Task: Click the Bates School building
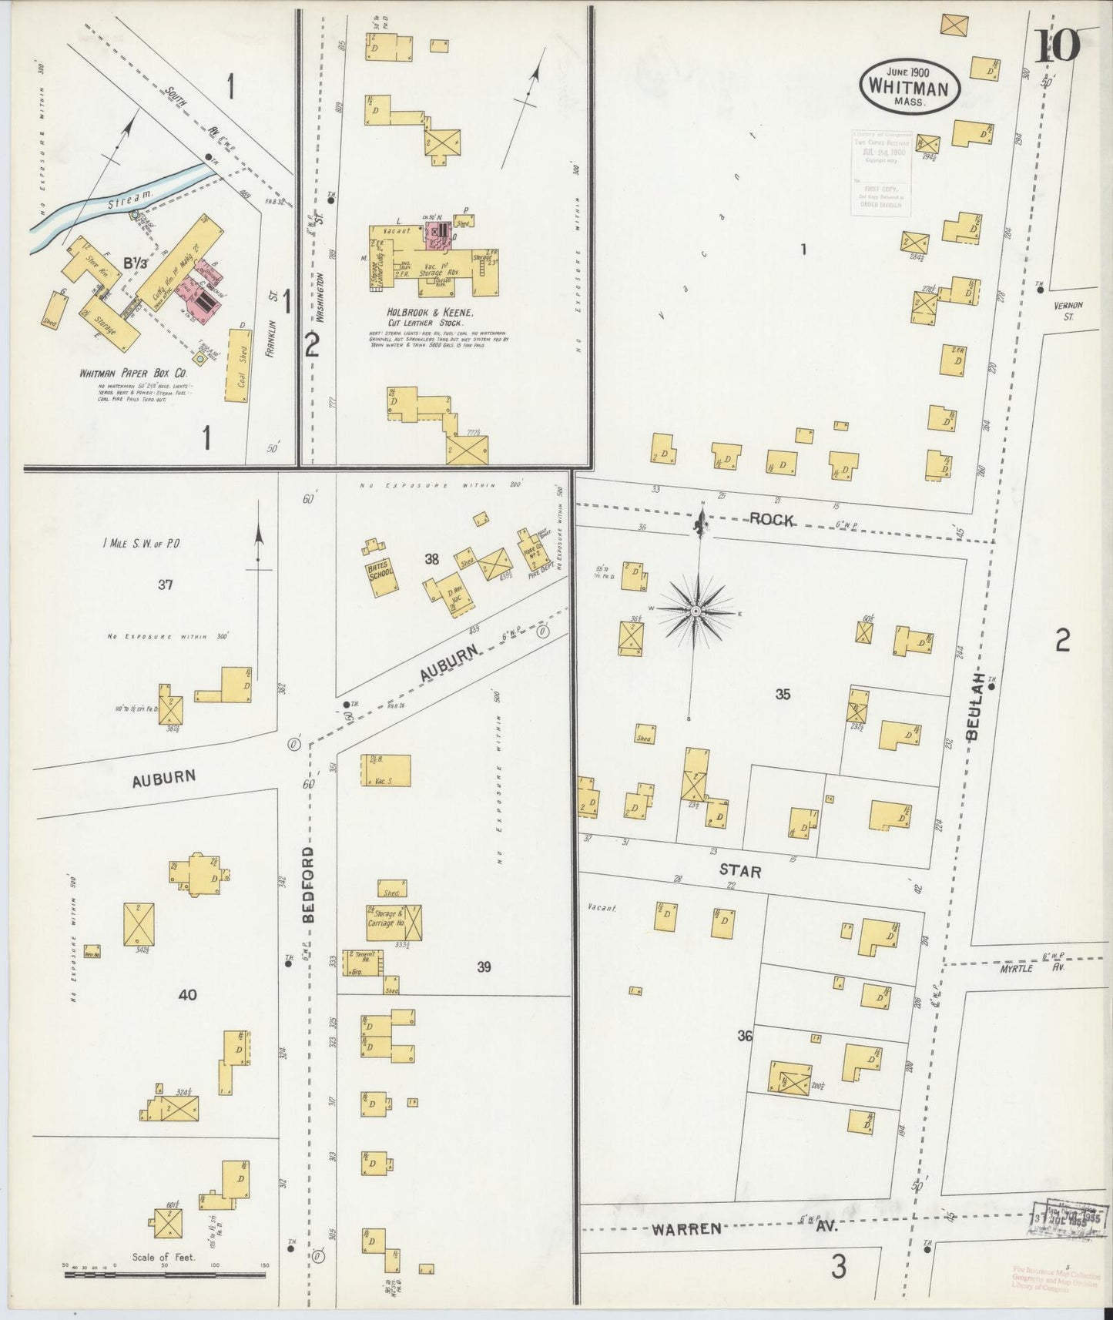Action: point(382,580)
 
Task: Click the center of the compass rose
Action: point(696,611)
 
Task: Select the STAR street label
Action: point(740,872)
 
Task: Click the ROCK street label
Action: point(772,521)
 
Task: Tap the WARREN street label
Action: point(687,1229)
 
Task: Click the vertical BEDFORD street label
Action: point(308,886)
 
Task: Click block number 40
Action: point(187,994)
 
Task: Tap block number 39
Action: point(484,967)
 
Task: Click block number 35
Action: point(782,695)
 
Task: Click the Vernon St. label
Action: point(1070,310)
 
